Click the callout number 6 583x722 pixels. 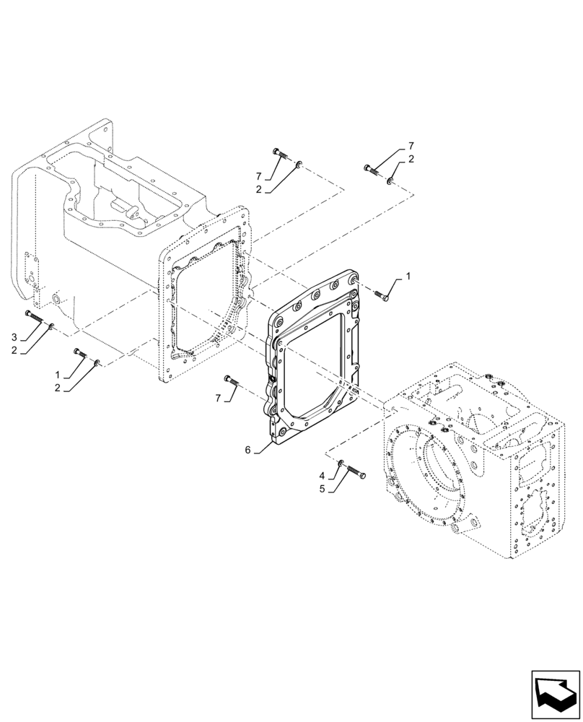(247, 449)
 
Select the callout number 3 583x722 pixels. (14, 337)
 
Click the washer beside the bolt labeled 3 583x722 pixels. (50, 326)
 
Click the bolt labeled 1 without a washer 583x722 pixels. (382, 293)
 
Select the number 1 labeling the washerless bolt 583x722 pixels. (408, 276)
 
